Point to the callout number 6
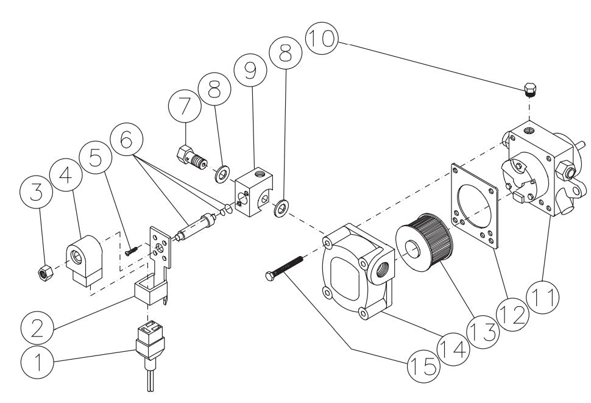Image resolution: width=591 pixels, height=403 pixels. (126, 142)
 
